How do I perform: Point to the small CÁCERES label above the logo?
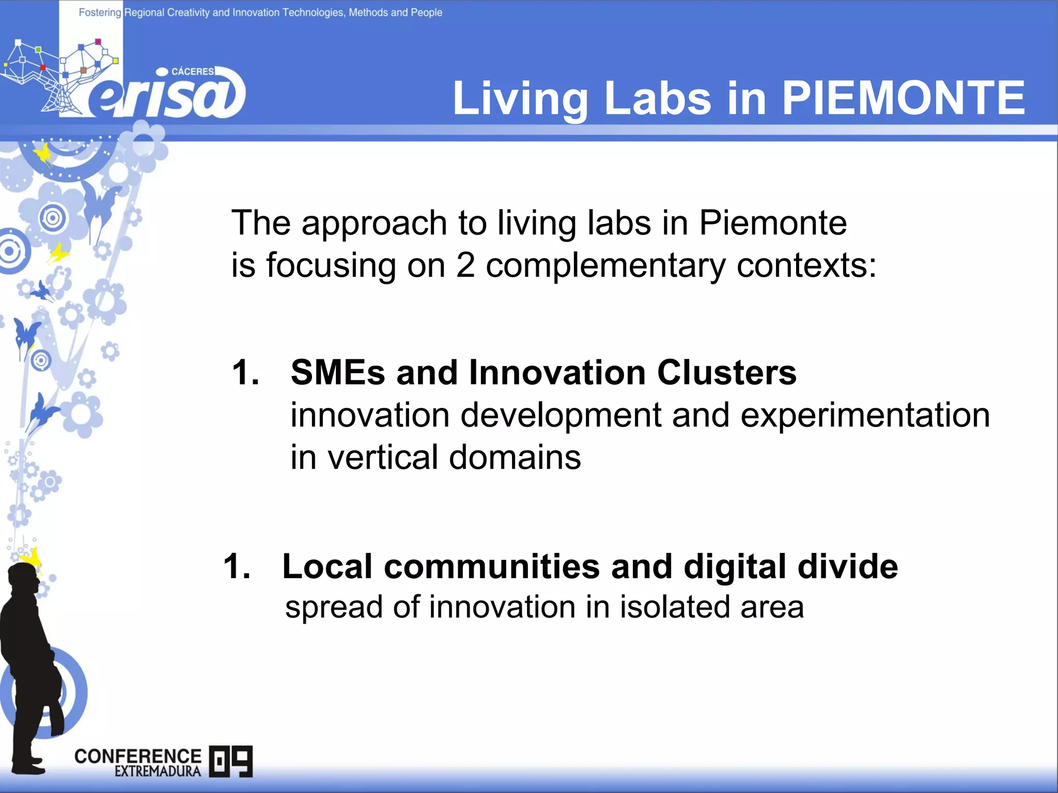[192, 71]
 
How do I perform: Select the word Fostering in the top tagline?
[100, 12]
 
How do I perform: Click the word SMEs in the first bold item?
[338, 372]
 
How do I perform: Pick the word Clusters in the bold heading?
[727, 372]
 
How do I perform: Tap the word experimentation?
[865, 415]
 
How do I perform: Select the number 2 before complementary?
[465, 265]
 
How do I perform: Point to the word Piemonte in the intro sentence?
[773, 223]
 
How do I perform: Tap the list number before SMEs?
[245, 372]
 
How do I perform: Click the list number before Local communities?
[237, 566]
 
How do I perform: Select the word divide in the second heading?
[847, 566]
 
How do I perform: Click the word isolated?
[675, 607]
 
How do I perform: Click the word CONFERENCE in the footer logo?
[137, 756]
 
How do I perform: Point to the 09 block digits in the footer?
[231, 761]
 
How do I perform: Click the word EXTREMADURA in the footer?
[158, 771]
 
